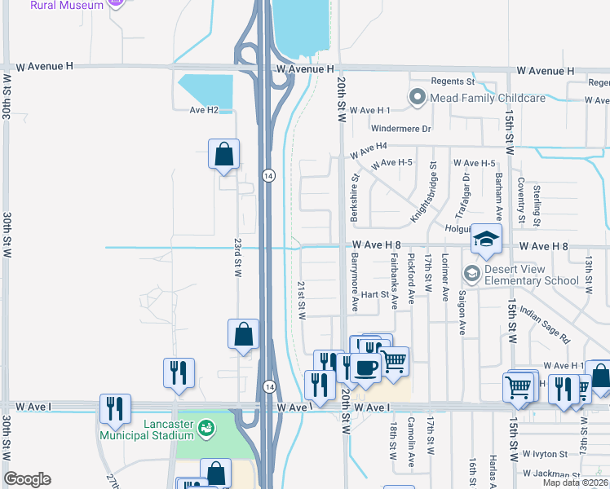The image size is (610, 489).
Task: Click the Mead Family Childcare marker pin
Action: tap(418, 99)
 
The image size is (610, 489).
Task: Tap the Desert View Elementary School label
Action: tap(533, 275)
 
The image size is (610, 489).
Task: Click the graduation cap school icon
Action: tap(486, 239)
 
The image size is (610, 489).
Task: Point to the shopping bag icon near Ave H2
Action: tap(223, 154)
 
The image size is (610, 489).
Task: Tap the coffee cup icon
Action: tap(366, 369)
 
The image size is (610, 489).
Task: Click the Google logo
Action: tap(27, 479)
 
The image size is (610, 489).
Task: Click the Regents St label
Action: tap(453, 81)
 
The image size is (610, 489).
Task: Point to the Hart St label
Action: tap(376, 294)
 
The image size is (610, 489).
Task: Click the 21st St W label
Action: tap(301, 300)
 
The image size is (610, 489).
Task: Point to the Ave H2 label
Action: tap(205, 110)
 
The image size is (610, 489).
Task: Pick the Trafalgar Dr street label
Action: tap(462, 196)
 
